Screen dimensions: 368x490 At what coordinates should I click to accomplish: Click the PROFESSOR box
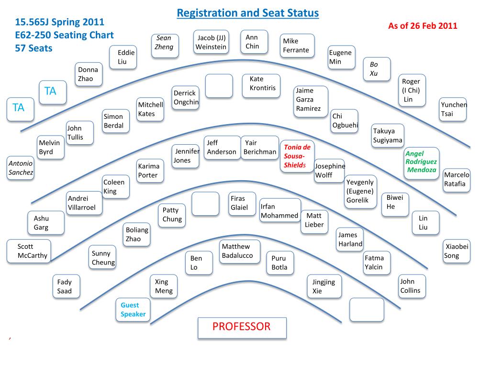point(242,328)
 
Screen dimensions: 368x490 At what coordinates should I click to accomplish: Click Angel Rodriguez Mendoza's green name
point(421,162)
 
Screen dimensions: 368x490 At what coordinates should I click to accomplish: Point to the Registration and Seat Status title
point(247,13)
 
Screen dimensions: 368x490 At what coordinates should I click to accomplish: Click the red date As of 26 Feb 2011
point(423,26)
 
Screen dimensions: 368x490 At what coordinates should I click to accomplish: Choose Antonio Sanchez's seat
point(21,168)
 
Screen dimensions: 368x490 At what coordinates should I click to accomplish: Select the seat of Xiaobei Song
point(457,251)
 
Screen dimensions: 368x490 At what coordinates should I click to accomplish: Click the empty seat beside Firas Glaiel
point(205,204)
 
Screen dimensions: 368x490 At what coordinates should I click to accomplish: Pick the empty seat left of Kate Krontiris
point(219,86)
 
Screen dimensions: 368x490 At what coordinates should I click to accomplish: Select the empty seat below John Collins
point(367,310)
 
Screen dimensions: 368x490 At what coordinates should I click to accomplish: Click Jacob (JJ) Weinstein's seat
point(211,43)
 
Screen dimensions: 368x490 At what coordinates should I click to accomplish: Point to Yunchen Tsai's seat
point(453,109)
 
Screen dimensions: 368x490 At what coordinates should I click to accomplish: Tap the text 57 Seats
point(33,48)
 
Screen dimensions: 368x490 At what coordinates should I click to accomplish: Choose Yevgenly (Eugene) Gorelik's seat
point(361,191)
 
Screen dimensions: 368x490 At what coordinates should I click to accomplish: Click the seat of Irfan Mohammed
point(279,211)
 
